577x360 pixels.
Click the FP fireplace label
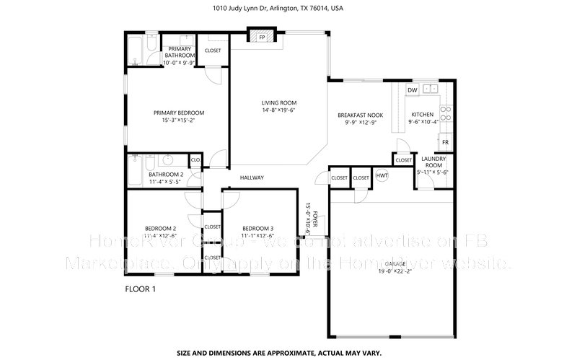point(262,37)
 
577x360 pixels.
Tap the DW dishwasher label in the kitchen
point(412,90)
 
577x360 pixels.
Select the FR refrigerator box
point(446,142)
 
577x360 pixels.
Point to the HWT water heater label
point(382,175)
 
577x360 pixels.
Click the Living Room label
point(279,103)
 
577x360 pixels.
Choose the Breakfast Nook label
point(360,115)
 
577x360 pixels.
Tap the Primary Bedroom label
point(179,113)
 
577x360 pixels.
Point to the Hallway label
point(252,177)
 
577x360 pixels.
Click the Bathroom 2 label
point(166,175)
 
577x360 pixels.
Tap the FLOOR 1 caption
point(141,289)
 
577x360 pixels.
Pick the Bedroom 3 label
point(257,228)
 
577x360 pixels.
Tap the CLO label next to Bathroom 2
point(195,160)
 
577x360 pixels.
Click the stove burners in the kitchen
point(446,113)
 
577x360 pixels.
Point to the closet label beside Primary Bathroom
point(213,51)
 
